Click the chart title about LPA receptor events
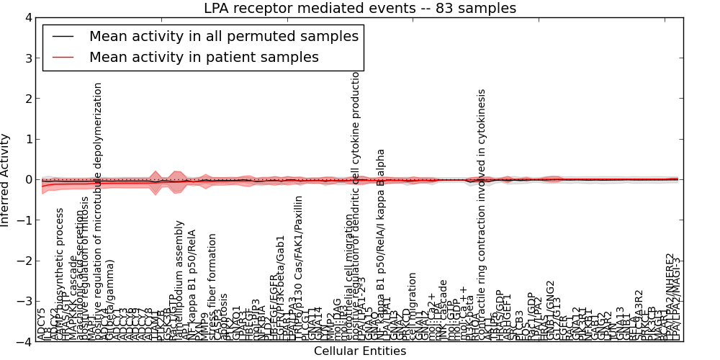click(360, 9)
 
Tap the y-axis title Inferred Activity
click(6, 180)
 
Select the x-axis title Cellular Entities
click(360, 351)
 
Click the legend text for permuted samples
click(223, 36)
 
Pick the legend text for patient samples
click(204, 57)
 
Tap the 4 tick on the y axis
click(27, 18)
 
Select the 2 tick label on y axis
click(27, 99)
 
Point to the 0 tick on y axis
click(27, 180)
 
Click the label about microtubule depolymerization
click(99, 209)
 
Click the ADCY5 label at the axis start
click(41, 324)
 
